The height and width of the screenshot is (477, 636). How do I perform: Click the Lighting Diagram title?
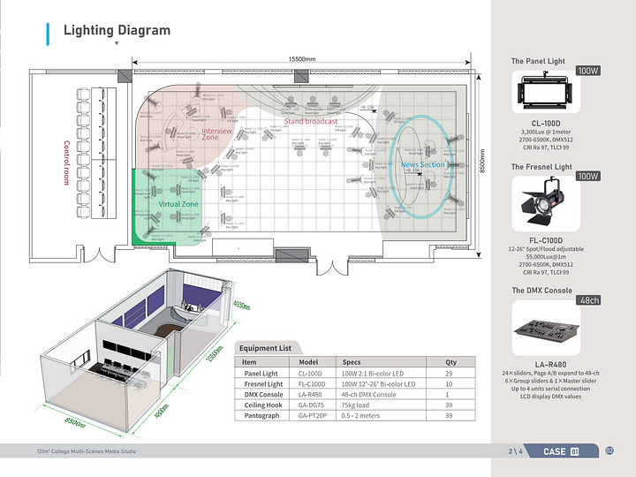(x=117, y=31)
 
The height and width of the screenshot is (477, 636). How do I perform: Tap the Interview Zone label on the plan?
(x=216, y=134)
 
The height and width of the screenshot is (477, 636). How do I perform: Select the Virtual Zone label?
(x=178, y=204)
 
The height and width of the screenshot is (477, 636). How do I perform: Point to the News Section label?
(x=423, y=165)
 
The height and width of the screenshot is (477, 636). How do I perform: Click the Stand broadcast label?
(x=310, y=121)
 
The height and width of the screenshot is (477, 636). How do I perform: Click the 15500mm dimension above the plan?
(x=303, y=59)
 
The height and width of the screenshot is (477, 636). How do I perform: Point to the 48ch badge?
(x=588, y=300)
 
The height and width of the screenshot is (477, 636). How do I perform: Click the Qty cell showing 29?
(x=451, y=374)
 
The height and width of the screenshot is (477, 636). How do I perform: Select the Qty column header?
(x=451, y=362)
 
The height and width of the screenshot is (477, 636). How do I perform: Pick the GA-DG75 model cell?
(x=310, y=405)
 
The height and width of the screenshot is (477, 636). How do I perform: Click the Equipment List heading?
(x=265, y=348)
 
